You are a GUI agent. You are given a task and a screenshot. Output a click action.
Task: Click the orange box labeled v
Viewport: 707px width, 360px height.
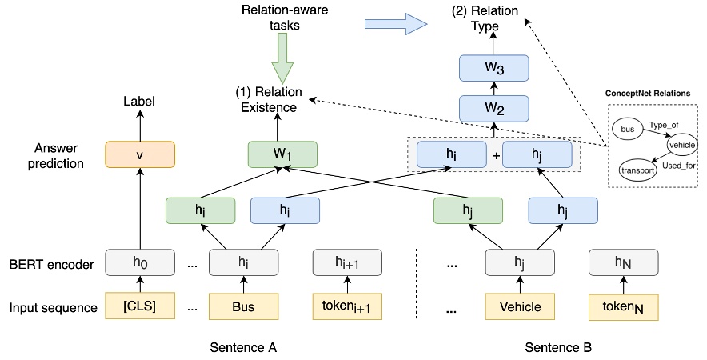(x=140, y=154)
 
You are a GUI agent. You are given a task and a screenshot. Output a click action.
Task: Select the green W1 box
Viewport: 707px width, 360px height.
(x=282, y=154)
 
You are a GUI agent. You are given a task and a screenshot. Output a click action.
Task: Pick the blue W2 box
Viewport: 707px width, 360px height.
(x=494, y=107)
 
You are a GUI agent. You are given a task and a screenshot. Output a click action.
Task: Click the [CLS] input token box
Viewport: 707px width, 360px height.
(x=140, y=306)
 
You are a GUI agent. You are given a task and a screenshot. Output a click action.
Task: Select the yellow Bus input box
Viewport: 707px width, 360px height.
(x=243, y=306)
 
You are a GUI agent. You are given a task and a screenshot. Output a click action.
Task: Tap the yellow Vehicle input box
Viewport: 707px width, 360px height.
(x=521, y=306)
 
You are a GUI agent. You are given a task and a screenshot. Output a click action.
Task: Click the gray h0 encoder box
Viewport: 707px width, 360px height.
(x=140, y=262)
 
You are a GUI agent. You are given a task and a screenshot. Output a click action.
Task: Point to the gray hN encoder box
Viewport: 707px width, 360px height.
(x=623, y=262)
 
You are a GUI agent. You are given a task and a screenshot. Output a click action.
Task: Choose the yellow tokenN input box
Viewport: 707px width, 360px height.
(x=623, y=306)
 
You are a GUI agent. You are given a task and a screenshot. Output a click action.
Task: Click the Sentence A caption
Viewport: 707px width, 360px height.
(x=245, y=348)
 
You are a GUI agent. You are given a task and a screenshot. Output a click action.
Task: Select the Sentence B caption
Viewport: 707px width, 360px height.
(x=557, y=348)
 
